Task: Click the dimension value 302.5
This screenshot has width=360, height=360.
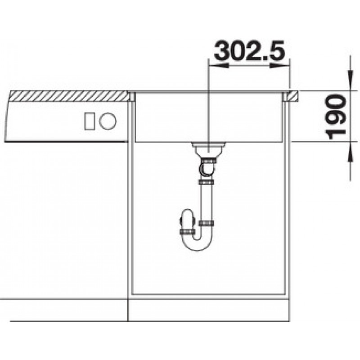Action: point(249,50)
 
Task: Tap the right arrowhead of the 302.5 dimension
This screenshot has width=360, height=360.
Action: point(279,66)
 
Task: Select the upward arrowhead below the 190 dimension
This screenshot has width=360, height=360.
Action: point(351,152)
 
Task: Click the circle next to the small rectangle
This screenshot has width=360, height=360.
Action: point(108,121)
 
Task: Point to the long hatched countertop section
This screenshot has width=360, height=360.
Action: point(69,96)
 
